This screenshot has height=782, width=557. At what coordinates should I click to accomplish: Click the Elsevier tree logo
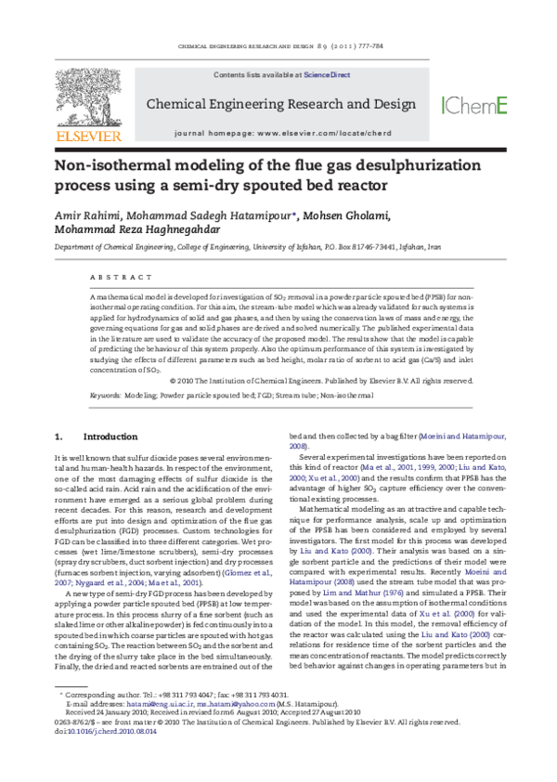88,98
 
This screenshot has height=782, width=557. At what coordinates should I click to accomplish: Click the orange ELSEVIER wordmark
88,136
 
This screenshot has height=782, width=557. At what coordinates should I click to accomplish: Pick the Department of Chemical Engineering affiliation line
247,249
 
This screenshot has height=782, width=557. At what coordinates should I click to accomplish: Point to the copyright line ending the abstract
321,381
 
